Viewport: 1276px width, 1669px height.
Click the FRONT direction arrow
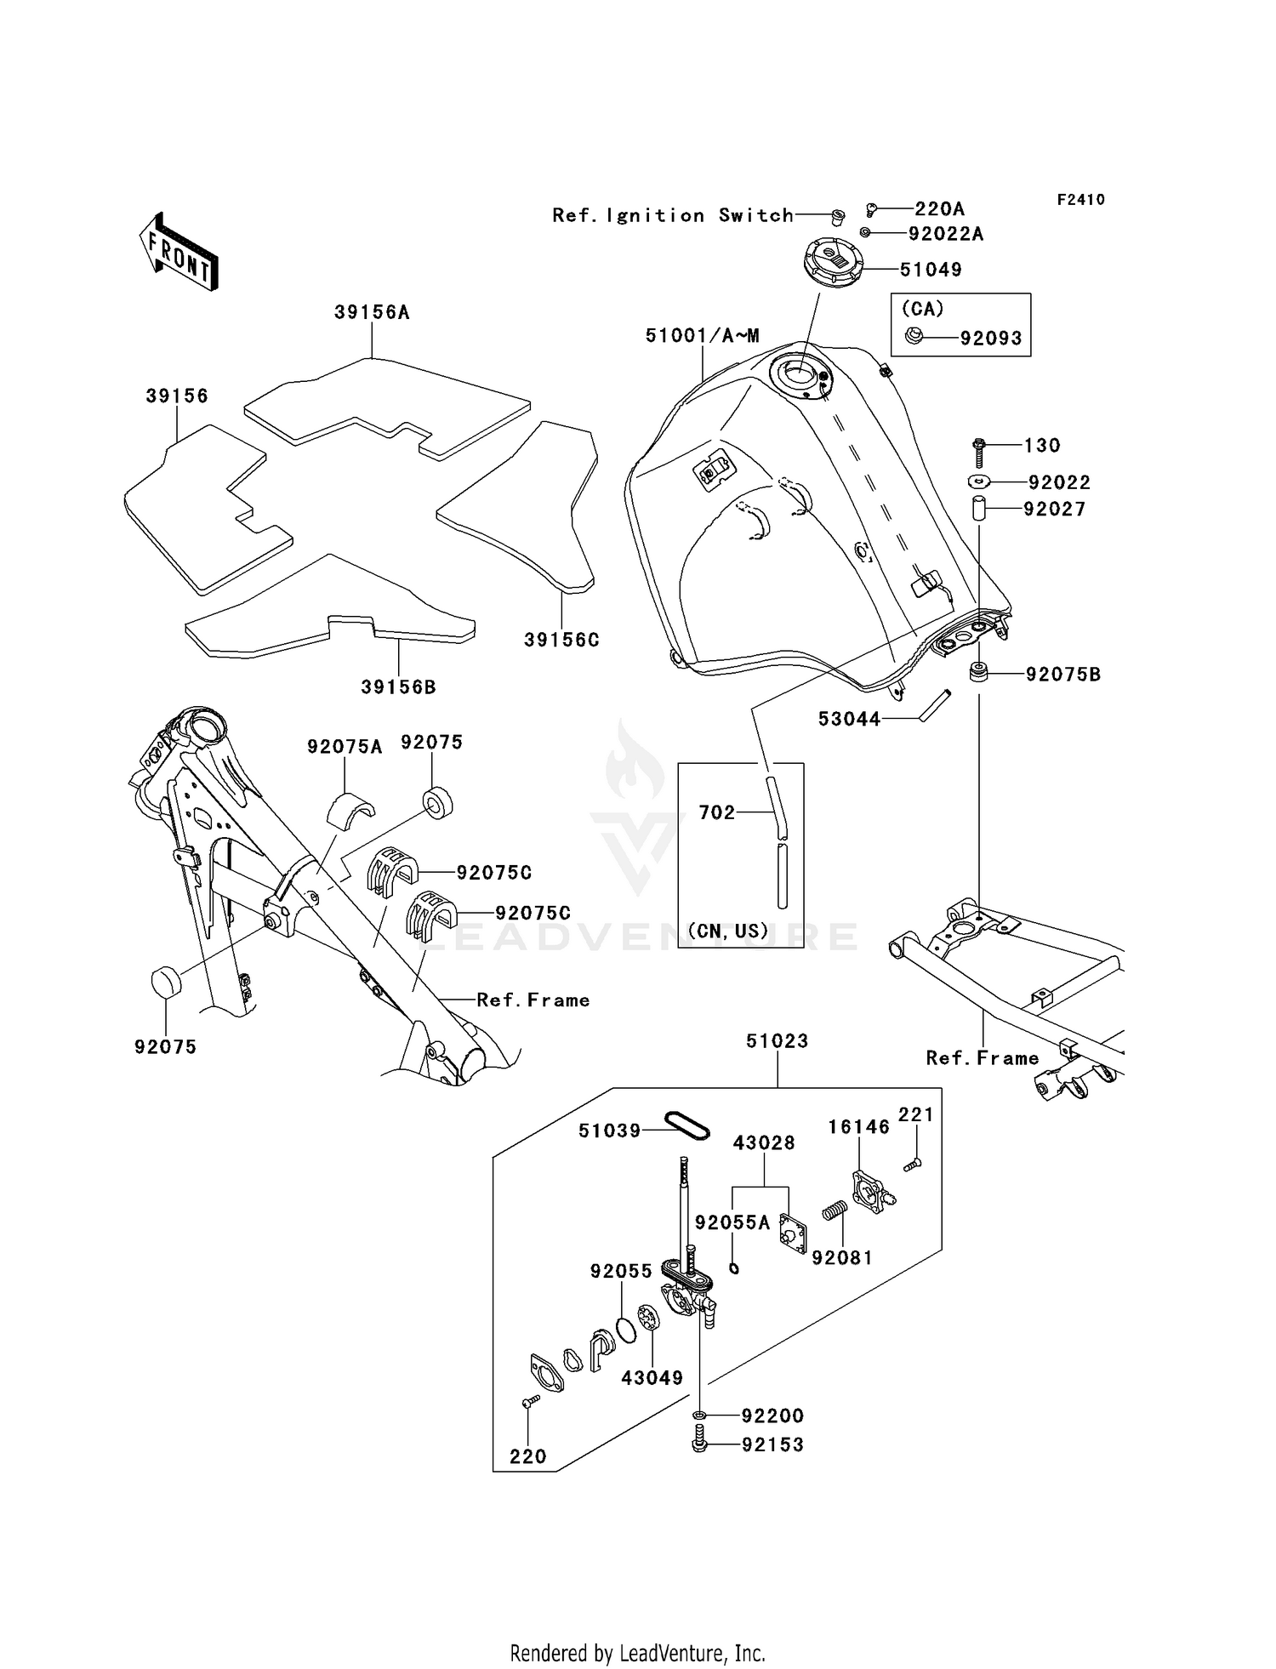click(179, 253)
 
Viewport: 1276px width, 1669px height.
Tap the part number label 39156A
click(372, 313)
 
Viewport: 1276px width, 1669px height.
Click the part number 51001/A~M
click(702, 336)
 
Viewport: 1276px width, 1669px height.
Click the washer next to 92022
click(979, 482)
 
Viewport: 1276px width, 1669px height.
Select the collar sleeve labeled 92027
click(979, 508)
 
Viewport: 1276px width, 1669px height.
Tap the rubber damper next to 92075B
click(979, 673)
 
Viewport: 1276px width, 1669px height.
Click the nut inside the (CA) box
click(914, 336)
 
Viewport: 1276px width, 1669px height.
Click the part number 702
click(716, 812)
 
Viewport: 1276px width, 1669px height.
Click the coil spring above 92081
click(835, 1209)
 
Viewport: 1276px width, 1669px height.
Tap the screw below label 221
click(912, 1165)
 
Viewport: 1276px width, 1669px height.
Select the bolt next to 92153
click(699, 1444)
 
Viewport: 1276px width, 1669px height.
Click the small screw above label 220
click(530, 1401)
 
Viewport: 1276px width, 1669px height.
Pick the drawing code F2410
click(1080, 200)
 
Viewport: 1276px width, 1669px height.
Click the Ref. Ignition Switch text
click(672, 215)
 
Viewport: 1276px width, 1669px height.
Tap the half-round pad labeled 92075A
click(350, 808)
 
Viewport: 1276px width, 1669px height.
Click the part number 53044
click(849, 719)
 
